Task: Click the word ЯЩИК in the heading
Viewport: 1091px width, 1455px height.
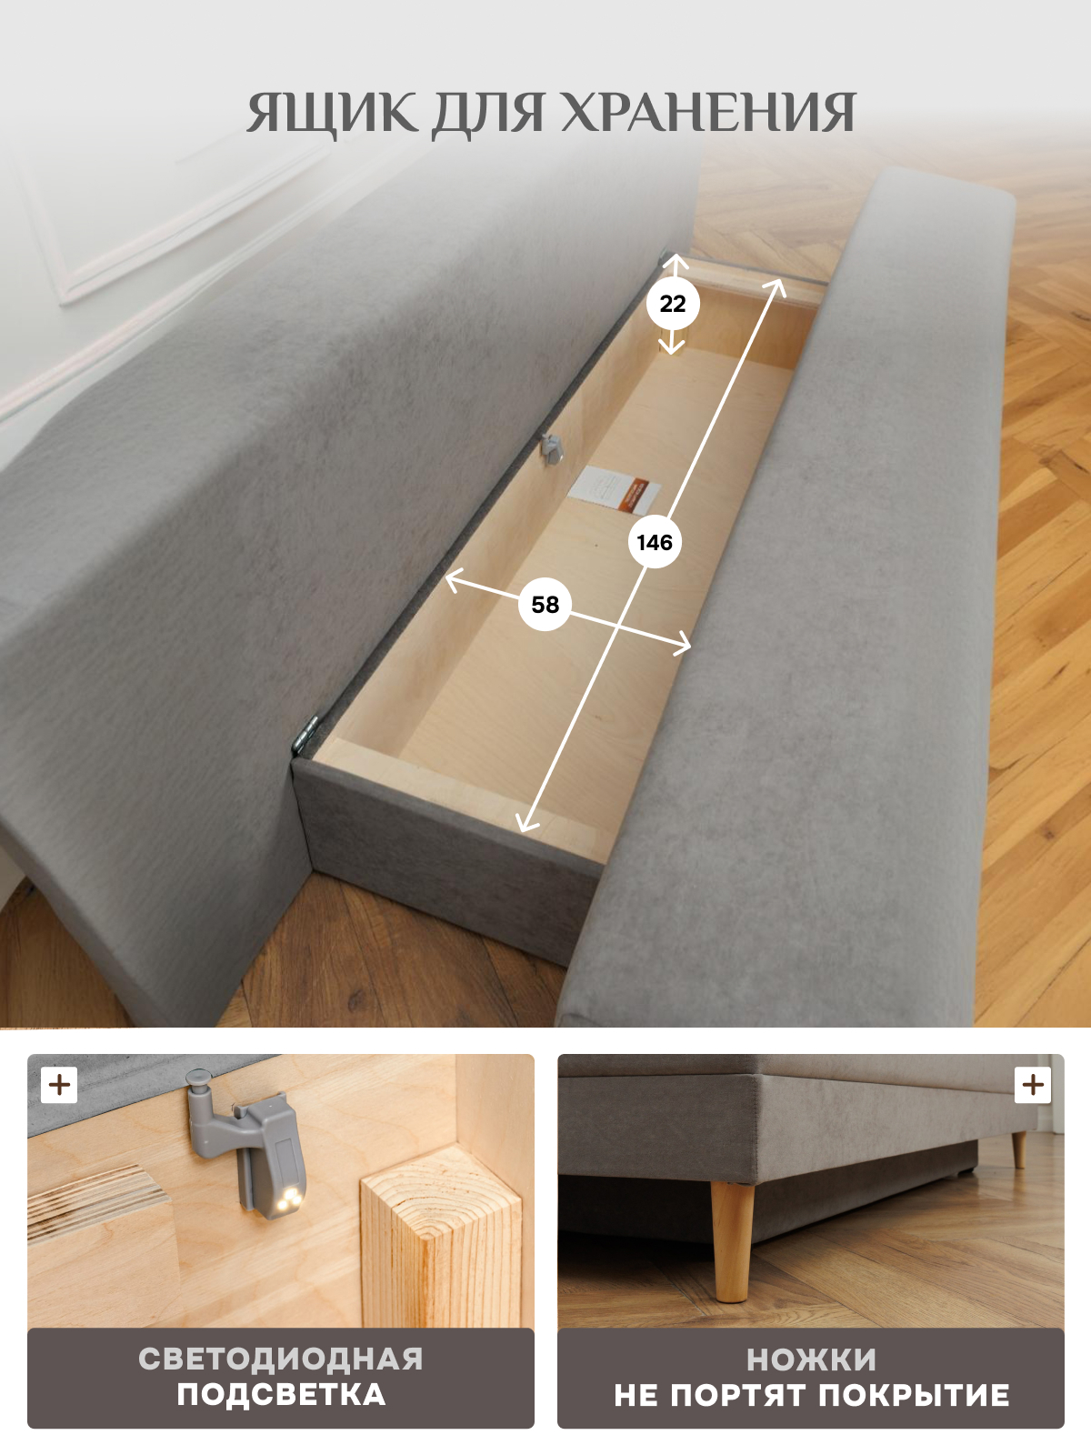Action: [x=332, y=114]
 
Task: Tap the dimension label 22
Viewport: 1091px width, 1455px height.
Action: [x=673, y=305]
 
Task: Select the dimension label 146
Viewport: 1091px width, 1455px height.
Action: [x=655, y=543]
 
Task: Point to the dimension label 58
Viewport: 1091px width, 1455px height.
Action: [x=545, y=605]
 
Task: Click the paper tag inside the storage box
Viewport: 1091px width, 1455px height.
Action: [x=617, y=492]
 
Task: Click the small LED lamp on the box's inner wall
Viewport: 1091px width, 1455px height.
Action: [x=551, y=447]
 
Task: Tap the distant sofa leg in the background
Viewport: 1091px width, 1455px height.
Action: [x=1019, y=1150]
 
